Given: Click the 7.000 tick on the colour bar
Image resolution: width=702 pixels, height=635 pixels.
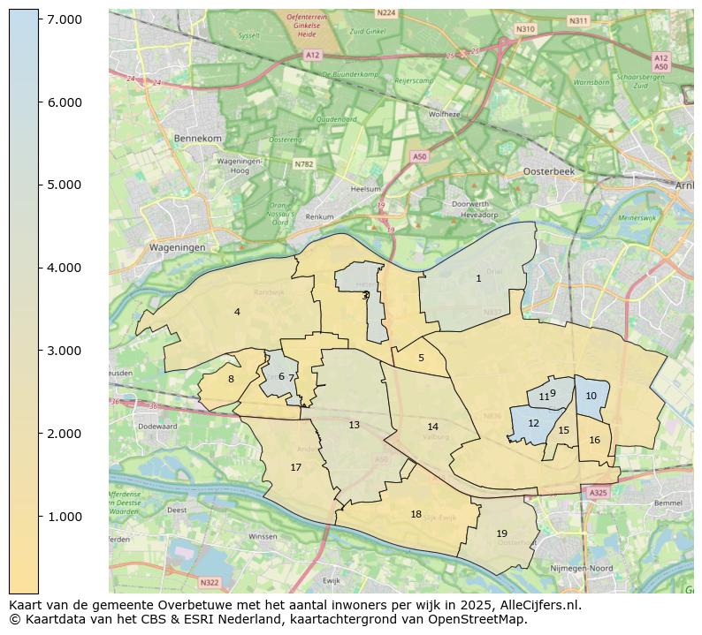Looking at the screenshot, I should tap(39, 19).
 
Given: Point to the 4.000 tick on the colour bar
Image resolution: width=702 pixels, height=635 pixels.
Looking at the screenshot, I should tap(39, 268).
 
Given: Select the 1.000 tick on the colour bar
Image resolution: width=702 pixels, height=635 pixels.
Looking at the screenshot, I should tap(39, 517).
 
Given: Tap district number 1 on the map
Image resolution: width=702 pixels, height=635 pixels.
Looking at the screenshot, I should tap(478, 278).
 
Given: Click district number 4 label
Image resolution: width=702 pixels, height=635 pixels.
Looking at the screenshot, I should tap(237, 312).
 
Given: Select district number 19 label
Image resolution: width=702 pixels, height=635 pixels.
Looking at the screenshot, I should tap(501, 533).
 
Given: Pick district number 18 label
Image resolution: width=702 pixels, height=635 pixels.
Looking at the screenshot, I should tap(416, 514).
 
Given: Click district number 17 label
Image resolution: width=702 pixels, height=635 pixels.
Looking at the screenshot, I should tap(296, 467).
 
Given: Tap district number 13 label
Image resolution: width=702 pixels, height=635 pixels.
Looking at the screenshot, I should tap(354, 425).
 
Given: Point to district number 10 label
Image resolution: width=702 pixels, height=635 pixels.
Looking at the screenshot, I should tap(591, 396).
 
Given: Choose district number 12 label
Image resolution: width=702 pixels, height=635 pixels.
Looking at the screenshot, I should tap(533, 423).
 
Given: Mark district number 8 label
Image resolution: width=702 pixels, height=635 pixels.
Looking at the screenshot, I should tap(231, 379).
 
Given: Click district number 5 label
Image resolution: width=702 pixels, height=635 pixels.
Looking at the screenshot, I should tap(421, 358).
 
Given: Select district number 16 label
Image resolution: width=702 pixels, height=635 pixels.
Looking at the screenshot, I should tap(594, 440).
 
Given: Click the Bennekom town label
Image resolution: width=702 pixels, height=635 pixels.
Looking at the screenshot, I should tap(197, 139).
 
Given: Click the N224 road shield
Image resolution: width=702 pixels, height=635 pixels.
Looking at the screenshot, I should tap(385, 13).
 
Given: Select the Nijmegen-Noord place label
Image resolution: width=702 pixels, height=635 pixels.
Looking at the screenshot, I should tap(582, 568).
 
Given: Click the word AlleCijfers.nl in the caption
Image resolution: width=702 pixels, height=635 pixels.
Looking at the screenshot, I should tap(536, 605).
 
